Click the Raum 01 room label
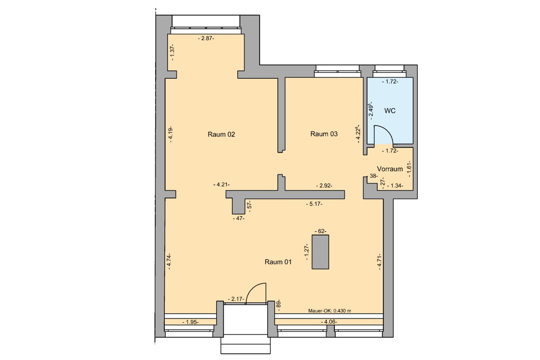pyautogui.click(x=278, y=262)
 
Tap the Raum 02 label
pyautogui.click(x=221, y=134)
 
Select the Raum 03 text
pyautogui.click(x=324, y=134)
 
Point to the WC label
pyautogui.click(x=390, y=111)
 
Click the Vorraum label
pyautogui.click(x=390, y=169)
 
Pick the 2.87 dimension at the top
pyautogui.click(x=206, y=38)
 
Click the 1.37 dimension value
pyautogui.click(x=172, y=52)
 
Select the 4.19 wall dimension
pyautogui.click(x=170, y=134)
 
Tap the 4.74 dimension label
pyautogui.click(x=169, y=261)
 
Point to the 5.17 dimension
pyautogui.click(x=314, y=204)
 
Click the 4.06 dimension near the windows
pyautogui.click(x=329, y=322)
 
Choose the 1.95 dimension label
pyautogui.click(x=190, y=322)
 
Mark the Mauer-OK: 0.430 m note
pyautogui.click(x=329, y=311)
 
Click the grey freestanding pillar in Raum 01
pyautogui.click(x=320, y=252)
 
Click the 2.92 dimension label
pyautogui.click(x=324, y=186)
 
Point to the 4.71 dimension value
pyautogui.click(x=379, y=261)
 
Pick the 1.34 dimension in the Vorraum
pyautogui.click(x=395, y=186)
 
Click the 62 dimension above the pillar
pyautogui.click(x=320, y=231)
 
